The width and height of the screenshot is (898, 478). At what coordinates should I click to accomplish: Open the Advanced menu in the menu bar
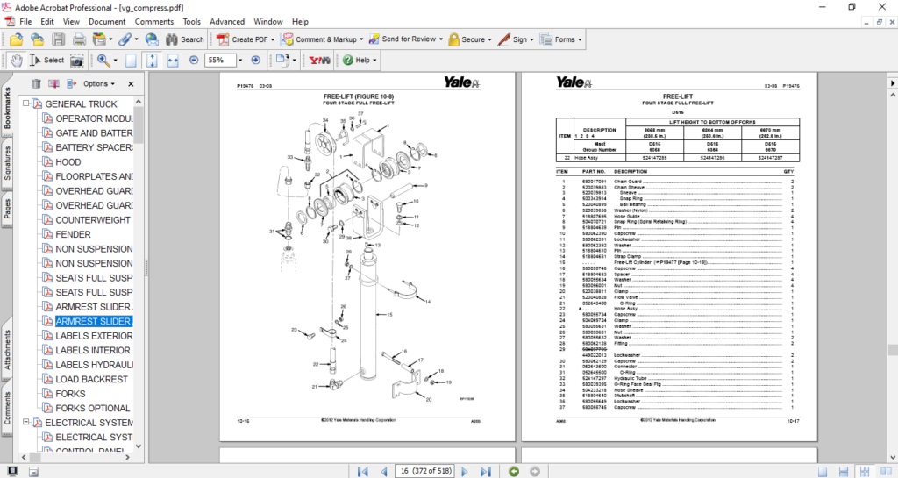227,21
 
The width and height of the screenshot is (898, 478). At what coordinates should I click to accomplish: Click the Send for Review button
403,39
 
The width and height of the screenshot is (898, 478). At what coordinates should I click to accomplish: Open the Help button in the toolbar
360,61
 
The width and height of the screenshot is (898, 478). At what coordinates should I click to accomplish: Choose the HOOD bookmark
68,162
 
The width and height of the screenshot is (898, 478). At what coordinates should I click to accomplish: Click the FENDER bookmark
74,234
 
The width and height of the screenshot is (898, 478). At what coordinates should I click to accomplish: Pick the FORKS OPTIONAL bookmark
93,408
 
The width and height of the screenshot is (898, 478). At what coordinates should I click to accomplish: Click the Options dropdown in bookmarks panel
98,84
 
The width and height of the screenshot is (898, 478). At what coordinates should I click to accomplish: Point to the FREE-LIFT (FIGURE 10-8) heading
358,95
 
